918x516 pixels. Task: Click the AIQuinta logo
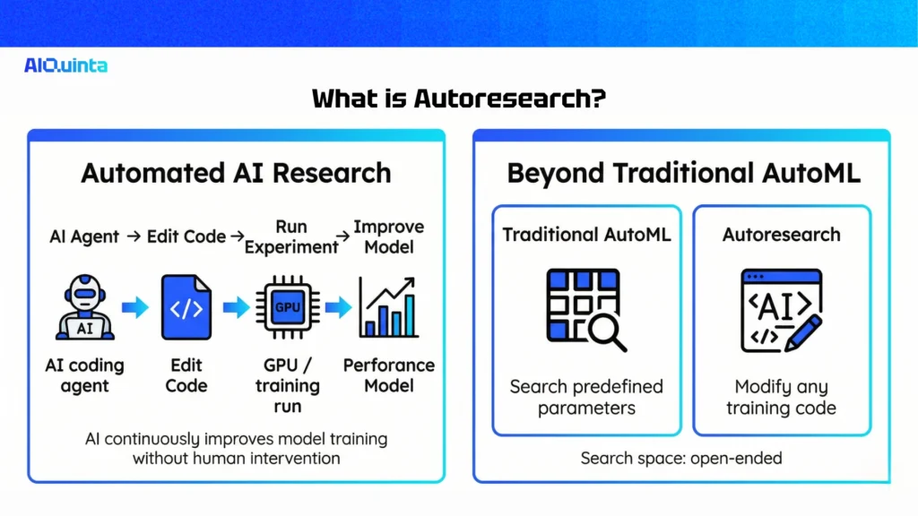(65, 65)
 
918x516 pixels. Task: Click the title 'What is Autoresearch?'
(458, 99)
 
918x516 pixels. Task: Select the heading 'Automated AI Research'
(236, 172)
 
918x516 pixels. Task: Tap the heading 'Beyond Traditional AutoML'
(683, 172)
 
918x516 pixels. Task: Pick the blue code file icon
(186, 307)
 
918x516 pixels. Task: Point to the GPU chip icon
(287, 307)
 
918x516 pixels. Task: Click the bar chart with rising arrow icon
(388, 307)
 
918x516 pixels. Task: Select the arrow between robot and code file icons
(135, 308)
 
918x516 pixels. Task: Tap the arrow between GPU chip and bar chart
(338, 308)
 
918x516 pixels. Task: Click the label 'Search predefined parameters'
(586, 398)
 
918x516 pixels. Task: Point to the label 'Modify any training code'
(781, 398)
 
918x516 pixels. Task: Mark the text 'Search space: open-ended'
(681, 458)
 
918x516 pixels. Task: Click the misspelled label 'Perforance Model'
(389, 375)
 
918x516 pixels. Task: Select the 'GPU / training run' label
(287, 386)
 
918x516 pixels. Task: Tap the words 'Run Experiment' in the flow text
(291, 237)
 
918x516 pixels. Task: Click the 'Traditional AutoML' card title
(586, 235)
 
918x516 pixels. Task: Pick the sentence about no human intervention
(236, 448)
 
